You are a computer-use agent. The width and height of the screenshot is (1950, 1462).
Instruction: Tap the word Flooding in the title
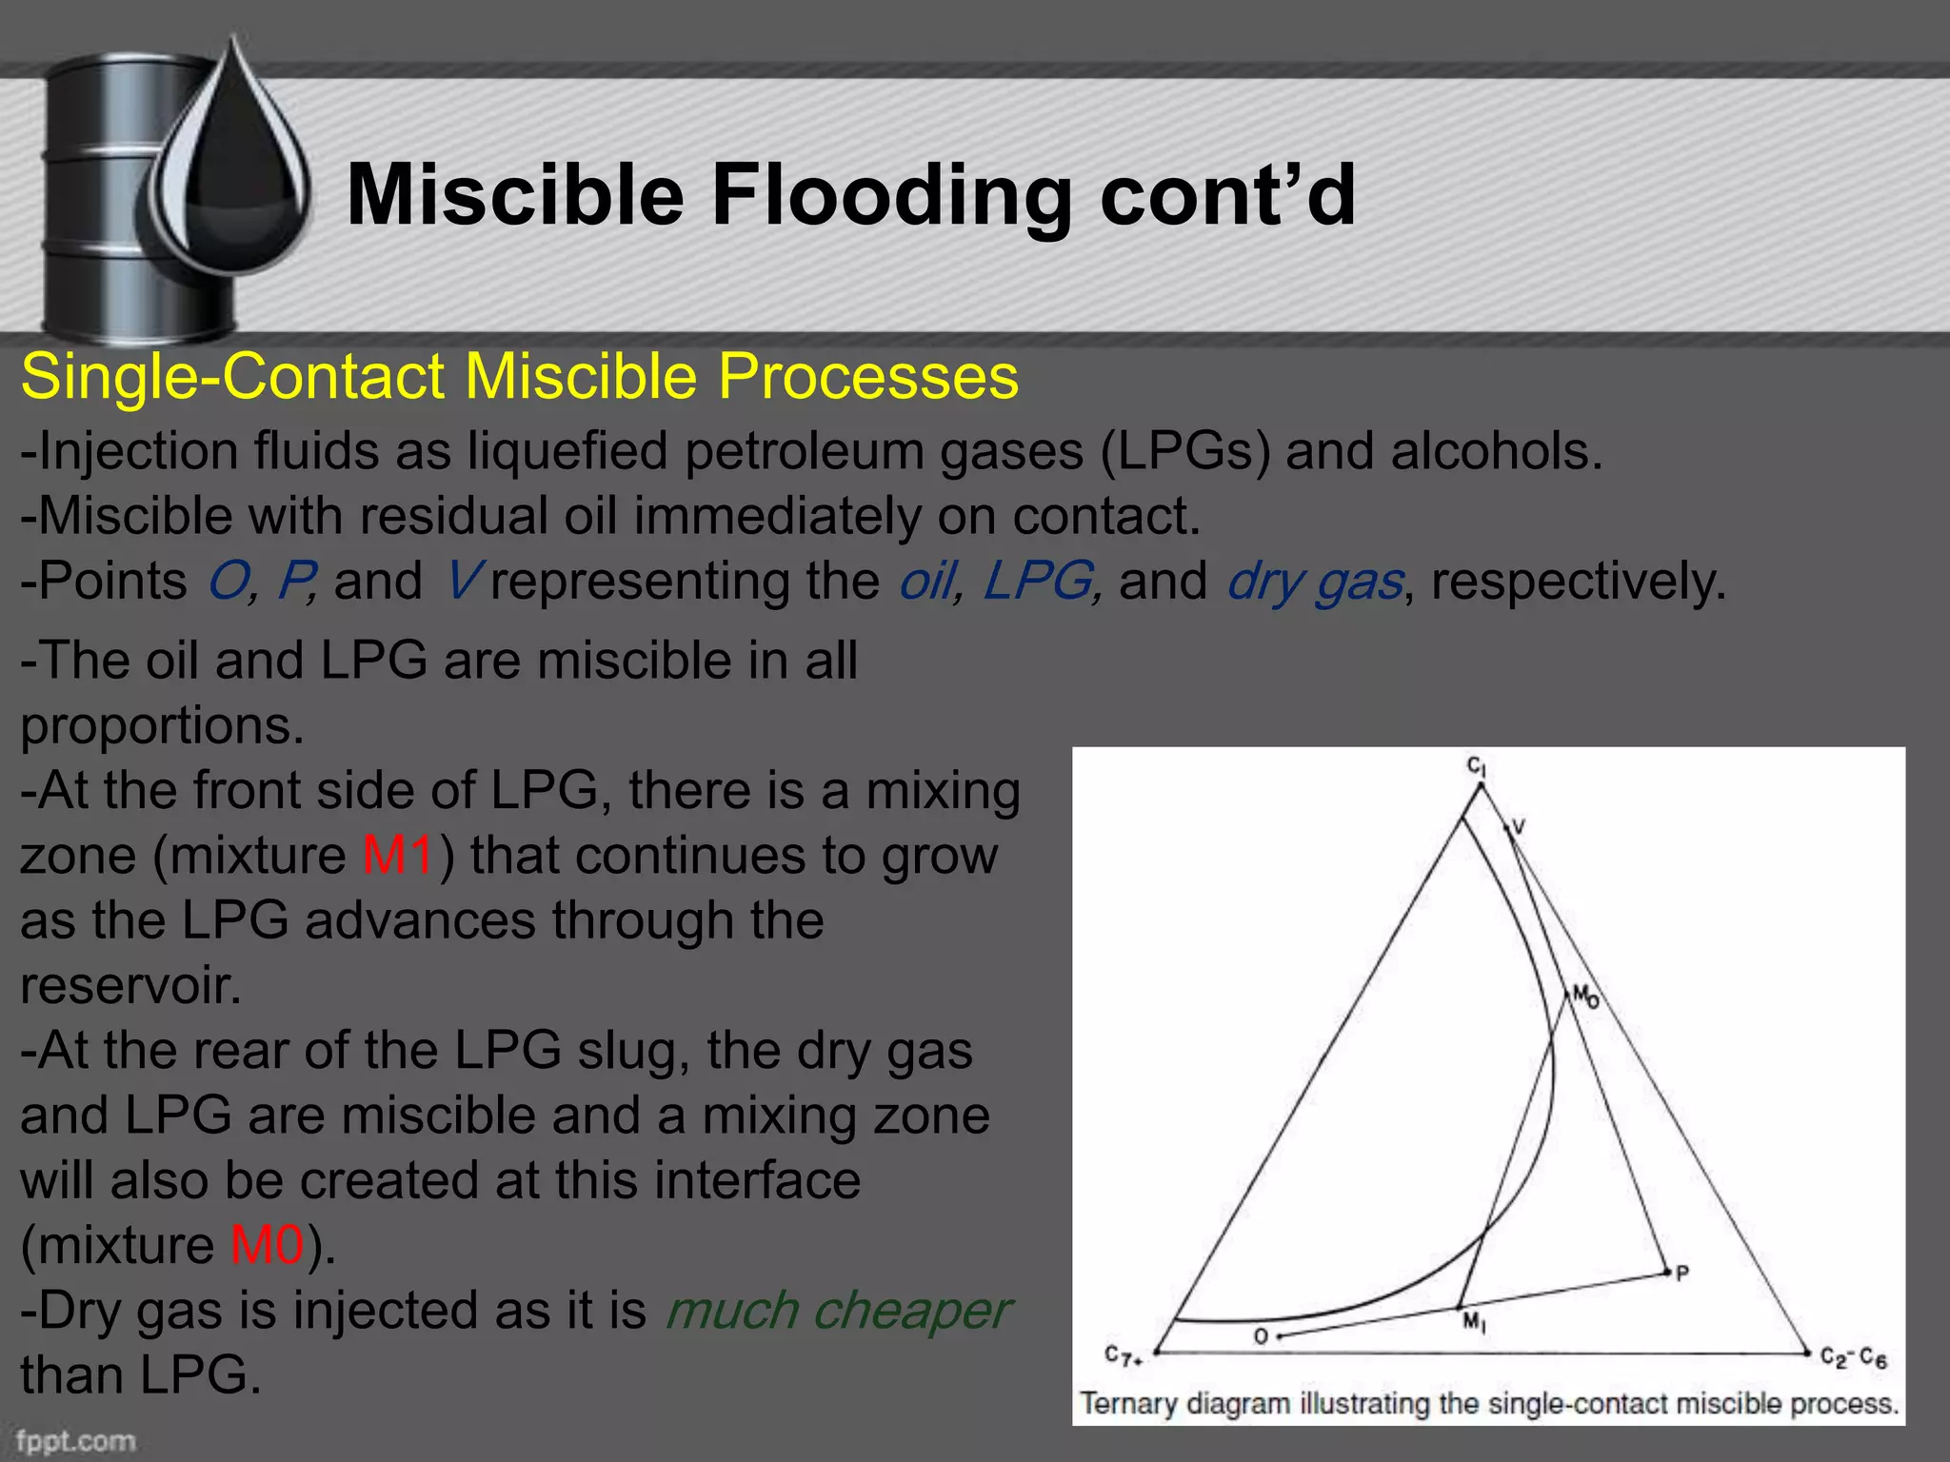(891, 195)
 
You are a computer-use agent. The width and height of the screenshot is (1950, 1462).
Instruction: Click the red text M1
(398, 855)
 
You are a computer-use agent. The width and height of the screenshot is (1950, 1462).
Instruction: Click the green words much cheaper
(836, 1311)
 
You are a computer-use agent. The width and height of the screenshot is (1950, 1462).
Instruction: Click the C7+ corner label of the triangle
(1124, 1355)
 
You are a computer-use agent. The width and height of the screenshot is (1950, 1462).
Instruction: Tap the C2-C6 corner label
(1852, 1357)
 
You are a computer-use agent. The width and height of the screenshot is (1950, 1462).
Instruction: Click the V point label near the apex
(1519, 826)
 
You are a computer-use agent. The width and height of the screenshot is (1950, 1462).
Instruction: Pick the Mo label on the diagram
(1585, 997)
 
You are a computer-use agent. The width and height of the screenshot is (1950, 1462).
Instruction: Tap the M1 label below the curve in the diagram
(1474, 1322)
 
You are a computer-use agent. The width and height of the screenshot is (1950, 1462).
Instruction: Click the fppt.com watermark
(76, 1440)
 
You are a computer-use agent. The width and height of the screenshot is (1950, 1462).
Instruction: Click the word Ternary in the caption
(1129, 1404)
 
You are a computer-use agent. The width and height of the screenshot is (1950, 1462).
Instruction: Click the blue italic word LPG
(1039, 581)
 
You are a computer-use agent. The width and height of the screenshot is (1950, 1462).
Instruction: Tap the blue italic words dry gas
(1315, 581)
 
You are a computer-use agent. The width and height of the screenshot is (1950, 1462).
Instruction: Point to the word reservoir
(129, 985)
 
